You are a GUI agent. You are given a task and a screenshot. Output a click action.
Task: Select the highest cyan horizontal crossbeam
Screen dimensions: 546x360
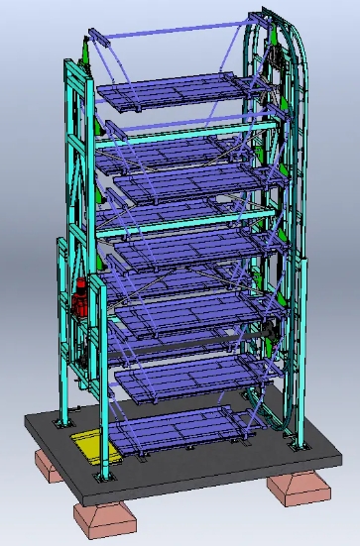[x=183, y=131]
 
